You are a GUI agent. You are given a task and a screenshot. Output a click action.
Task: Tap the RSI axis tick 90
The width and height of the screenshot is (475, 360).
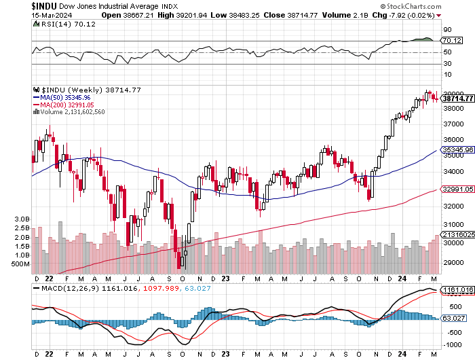448,30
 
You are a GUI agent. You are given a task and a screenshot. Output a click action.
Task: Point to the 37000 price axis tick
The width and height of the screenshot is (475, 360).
453,124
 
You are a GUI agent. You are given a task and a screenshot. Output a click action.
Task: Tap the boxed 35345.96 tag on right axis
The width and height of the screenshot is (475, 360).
456,149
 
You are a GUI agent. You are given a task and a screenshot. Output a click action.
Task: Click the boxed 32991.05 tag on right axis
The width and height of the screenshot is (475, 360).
456,191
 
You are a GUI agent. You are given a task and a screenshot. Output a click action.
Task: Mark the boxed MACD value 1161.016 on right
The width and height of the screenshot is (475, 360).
456,290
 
